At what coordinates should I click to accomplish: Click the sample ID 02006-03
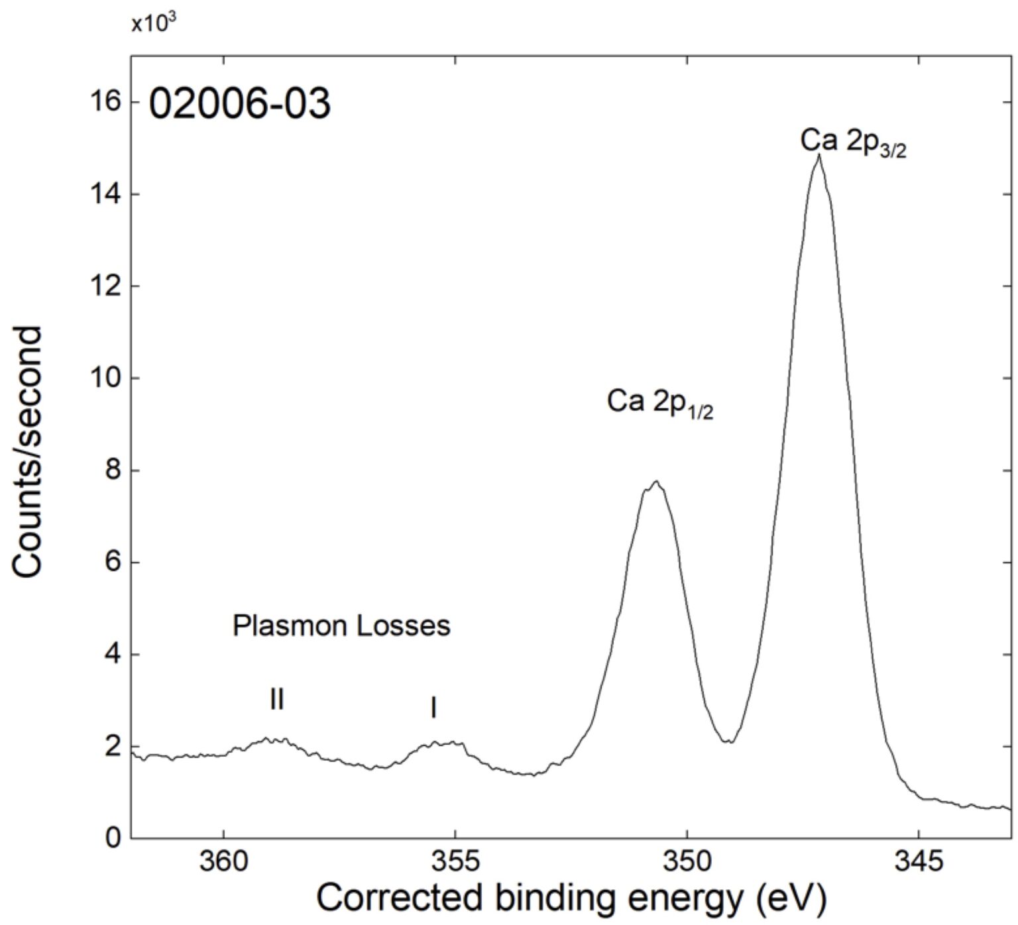[239, 105]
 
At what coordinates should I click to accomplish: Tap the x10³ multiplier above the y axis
[153, 24]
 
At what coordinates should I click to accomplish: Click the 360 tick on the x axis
[223, 862]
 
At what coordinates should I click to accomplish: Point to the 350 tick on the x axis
[687, 862]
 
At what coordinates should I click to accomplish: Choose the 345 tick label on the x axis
[918, 862]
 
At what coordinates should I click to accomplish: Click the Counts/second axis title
[28, 452]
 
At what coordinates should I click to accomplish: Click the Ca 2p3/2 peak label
[852, 142]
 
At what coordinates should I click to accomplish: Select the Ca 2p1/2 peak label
[659, 403]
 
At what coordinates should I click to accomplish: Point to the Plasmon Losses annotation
[341, 626]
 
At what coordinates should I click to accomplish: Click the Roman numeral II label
[277, 700]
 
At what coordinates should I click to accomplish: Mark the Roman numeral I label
[433, 709]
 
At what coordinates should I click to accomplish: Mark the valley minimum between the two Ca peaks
[730, 741]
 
